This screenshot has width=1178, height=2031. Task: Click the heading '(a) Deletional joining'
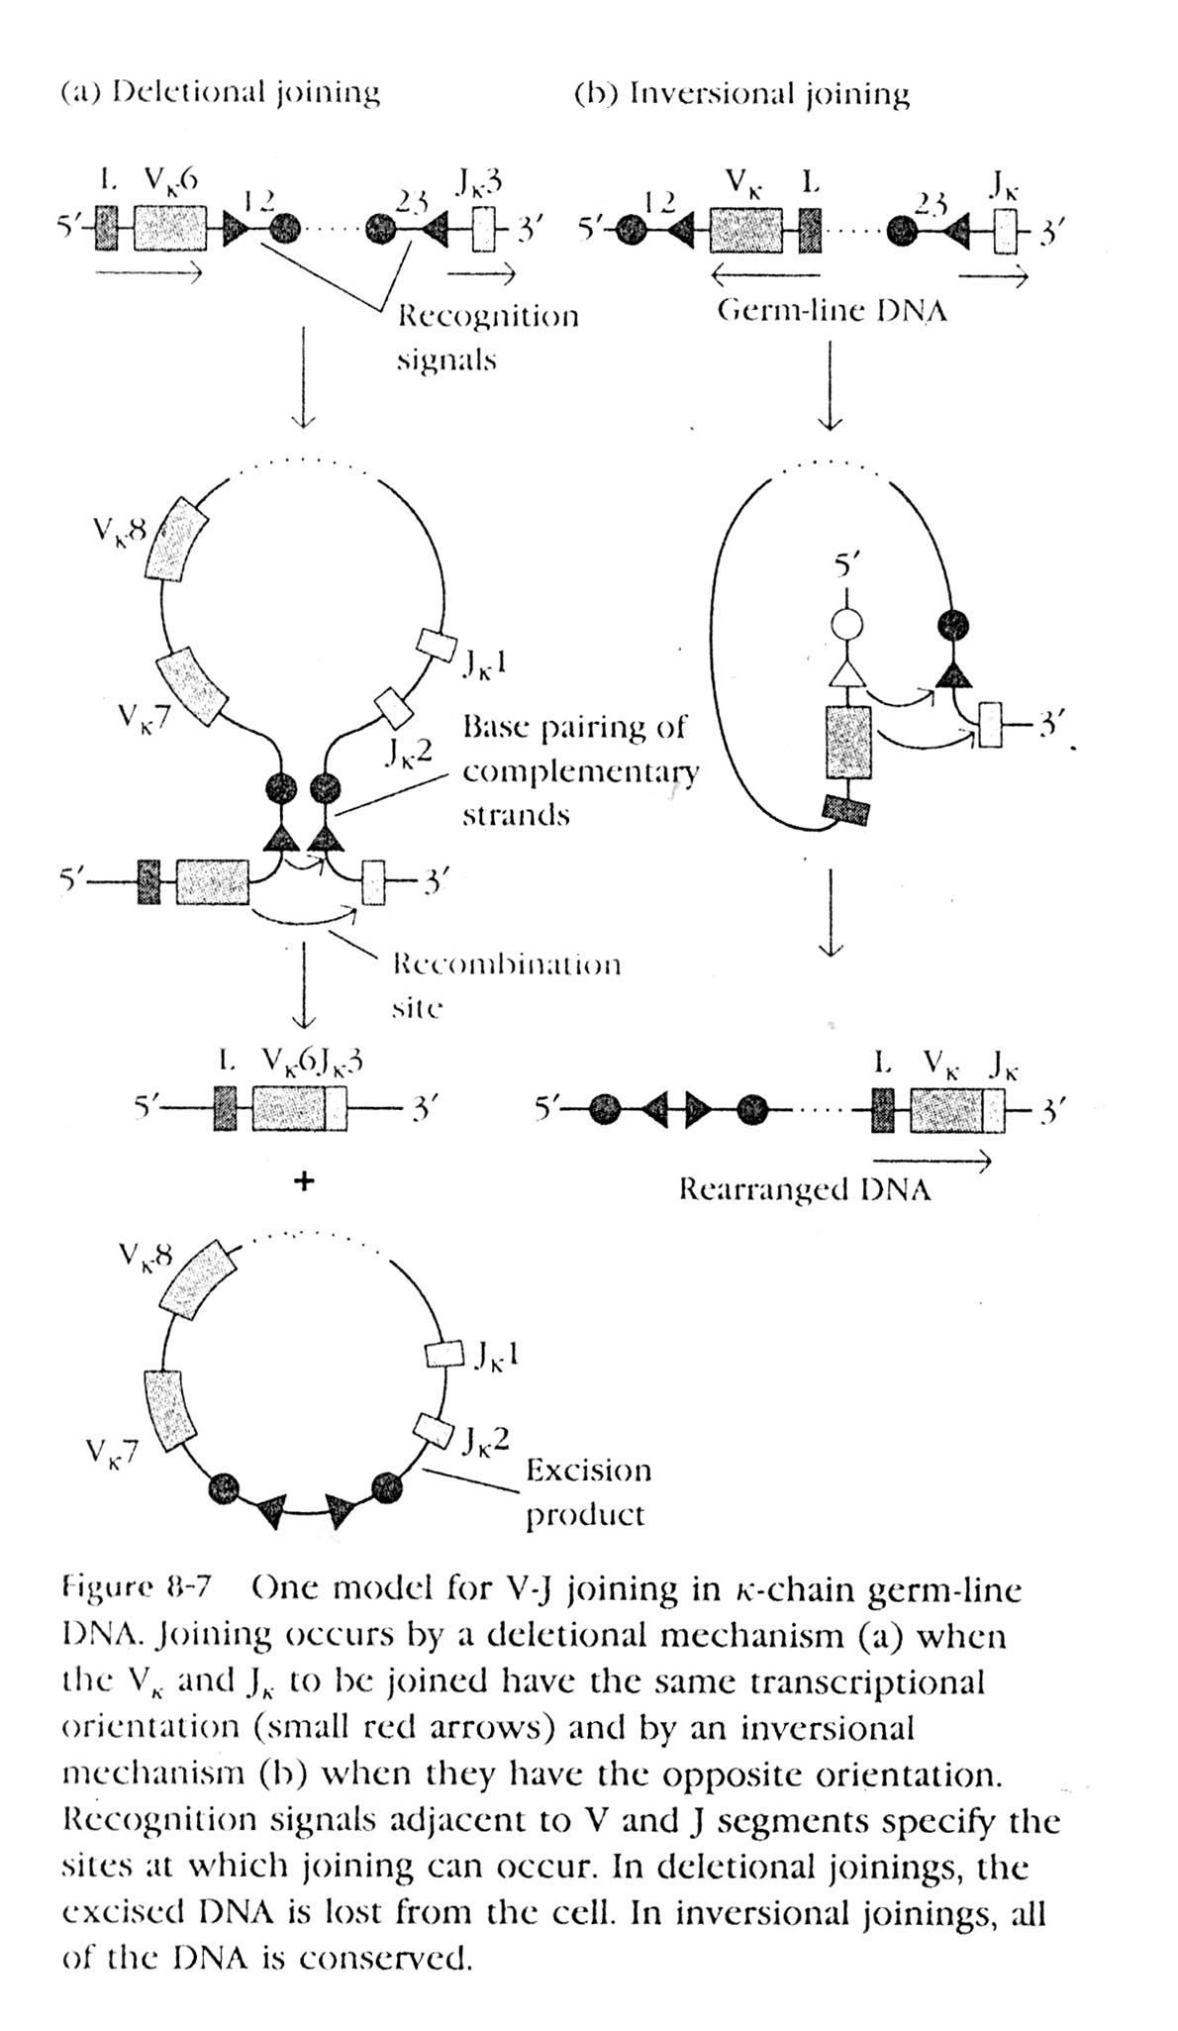pyautogui.click(x=220, y=93)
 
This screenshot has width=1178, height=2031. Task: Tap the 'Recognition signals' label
pyautogui.click(x=487, y=337)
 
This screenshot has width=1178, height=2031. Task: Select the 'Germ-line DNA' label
pyautogui.click(x=832, y=311)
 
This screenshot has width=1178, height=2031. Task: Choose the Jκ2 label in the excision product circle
pyautogui.click(x=485, y=1438)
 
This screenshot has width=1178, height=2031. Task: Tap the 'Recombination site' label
pyautogui.click(x=506, y=984)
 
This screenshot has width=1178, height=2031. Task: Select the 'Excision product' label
pyautogui.click(x=587, y=1491)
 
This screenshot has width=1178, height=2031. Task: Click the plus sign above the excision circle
pyautogui.click(x=304, y=1180)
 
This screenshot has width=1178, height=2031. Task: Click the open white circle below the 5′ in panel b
pyautogui.click(x=846, y=626)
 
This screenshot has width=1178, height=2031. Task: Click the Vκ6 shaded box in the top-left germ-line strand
pyautogui.click(x=169, y=229)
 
